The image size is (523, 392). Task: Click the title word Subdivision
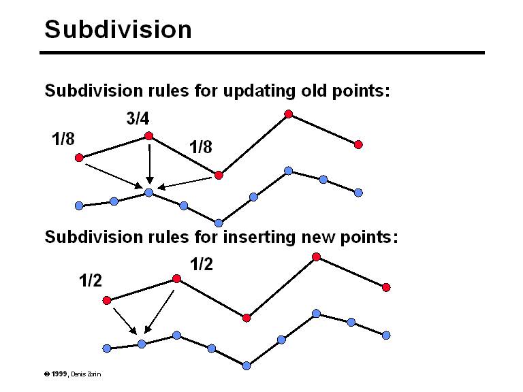(118, 29)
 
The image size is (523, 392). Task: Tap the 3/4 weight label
(138, 118)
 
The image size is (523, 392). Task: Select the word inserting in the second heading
(259, 237)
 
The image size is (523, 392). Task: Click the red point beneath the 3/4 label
(148, 136)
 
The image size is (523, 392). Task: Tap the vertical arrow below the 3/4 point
(149, 163)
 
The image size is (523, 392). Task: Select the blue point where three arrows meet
(148, 193)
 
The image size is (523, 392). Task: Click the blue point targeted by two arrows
(142, 344)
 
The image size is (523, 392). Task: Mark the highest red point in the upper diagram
(289, 114)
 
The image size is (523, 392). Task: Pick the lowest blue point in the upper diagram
(219, 223)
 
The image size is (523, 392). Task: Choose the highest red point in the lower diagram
(317, 257)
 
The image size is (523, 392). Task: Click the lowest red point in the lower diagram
(247, 318)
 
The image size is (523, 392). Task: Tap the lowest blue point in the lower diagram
(247, 366)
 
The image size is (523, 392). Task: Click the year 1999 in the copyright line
(59, 374)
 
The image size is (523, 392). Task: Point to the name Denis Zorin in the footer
(86, 374)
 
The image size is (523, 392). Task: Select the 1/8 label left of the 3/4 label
(63, 139)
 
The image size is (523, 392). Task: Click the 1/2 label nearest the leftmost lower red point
(91, 280)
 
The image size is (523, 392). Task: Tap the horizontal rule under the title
(261, 52)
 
